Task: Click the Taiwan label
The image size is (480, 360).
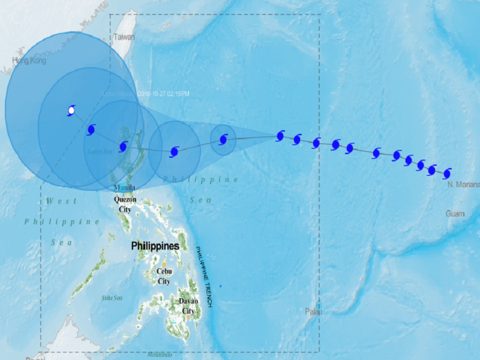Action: (x=124, y=37)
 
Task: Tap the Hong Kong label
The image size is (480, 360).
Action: (x=29, y=61)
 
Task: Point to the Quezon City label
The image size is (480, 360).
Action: (x=125, y=205)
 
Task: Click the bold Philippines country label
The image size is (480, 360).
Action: (x=155, y=247)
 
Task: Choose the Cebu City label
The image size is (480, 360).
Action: (x=164, y=276)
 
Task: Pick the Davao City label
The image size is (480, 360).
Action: (x=188, y=306)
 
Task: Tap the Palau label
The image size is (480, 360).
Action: (x=313, y=312)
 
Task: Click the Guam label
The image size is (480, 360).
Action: (x=455, y=214)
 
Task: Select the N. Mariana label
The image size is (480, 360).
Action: (x=464, y=185)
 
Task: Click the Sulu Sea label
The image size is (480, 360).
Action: (x=112, y=298)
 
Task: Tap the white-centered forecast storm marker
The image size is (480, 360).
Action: (x=71, y=110)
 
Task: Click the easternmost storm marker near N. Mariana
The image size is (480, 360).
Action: (x=446, y=173)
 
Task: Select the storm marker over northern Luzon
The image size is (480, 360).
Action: (x=123, y=146)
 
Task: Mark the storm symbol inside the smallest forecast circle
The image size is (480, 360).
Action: (x=223, y=140)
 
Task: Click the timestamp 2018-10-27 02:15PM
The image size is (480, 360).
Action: (x=163, y=94)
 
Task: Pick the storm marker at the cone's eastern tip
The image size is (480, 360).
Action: (x=280, y=136)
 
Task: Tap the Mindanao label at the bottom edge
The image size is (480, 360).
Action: (x=160, y=355)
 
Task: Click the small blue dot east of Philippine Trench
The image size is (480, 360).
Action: (x=220, y=286)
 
